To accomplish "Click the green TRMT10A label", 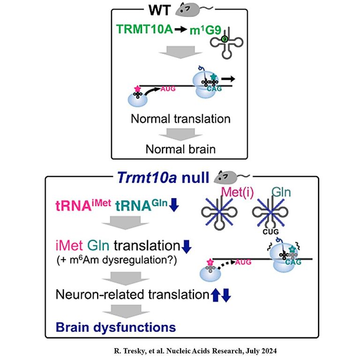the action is click(144, 29).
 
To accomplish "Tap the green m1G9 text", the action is click(205, 30).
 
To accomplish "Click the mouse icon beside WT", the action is click(194, 9).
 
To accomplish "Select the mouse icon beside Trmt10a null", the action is click(232, 178).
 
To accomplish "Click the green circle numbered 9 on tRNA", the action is click(225, 39).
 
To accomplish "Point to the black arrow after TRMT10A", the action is click(180, 30).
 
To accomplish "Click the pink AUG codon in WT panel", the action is click(168, 89).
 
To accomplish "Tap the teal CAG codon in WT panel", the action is click(214, 89).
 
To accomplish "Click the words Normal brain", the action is click(180, 149).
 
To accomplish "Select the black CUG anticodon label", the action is click(270, 232).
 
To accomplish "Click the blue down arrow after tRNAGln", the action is click(174, 205).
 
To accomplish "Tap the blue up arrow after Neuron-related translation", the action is click(215, 295).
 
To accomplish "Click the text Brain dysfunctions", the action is click(116, 327).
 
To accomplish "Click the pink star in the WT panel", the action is click(137, 89).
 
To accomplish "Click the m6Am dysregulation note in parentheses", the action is click(117, 260).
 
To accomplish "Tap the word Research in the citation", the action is click(226, 351).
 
